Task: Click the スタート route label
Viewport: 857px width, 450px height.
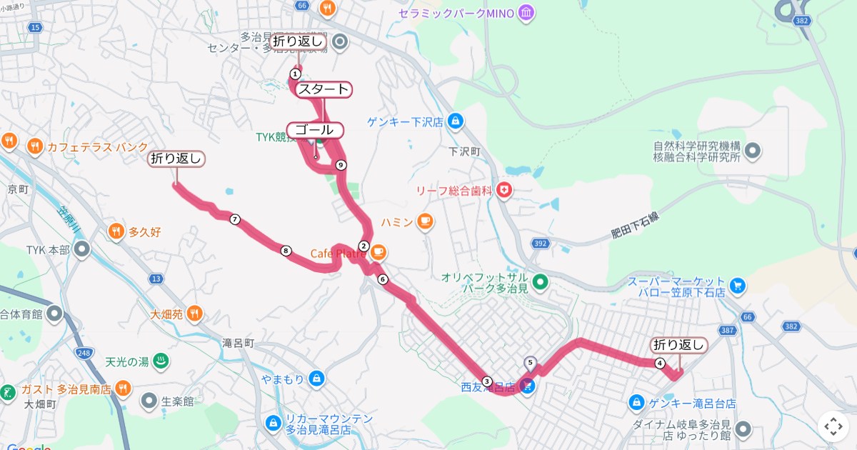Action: (x=324, y=89)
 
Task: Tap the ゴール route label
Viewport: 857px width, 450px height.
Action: (x=314, y=130)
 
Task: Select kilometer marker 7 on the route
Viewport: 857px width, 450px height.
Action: (x=235, y=219)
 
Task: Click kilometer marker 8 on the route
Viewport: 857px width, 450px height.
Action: (x=286, y=251)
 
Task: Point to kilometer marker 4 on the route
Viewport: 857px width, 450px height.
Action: (x=660, y=363)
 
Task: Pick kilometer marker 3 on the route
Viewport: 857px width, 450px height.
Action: (x=487, y=381)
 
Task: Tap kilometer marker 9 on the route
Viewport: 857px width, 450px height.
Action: (x=341, y=165)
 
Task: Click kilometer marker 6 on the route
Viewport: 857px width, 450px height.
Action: (x=383, y=279)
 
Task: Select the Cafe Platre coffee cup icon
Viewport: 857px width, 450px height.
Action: (x=378, y=252)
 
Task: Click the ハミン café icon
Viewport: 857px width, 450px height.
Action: (x=426, y=221)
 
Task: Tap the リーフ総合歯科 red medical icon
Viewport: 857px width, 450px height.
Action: (x=505, y=190)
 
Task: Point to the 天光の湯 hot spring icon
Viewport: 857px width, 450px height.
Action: (x=161, y=361)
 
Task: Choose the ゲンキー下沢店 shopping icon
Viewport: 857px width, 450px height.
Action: (x=455, y=121)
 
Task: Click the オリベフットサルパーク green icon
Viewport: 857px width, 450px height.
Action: (x=541, y=282)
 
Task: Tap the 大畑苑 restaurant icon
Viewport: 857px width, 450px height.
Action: (x=194, y=313)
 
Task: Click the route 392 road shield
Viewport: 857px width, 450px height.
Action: (x=541, y=244)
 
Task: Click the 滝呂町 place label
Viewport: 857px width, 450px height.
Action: (x=239, y=344)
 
